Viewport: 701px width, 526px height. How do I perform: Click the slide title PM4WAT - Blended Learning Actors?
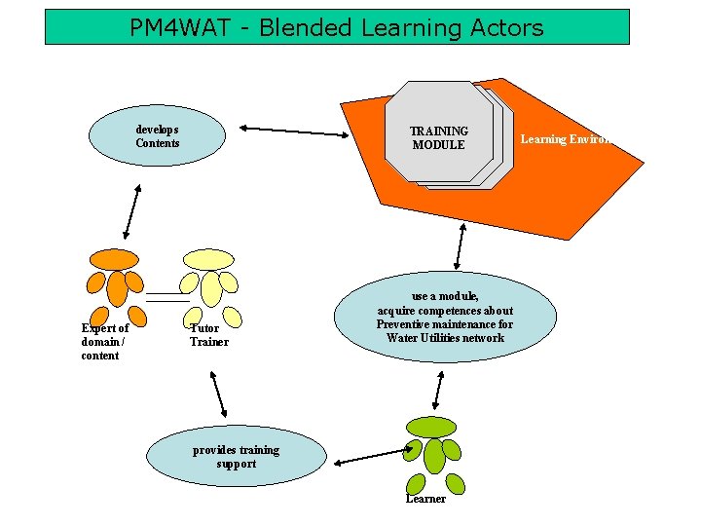pyautogui.click(x=337, y=27)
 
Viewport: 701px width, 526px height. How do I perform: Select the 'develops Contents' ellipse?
pyautogui.click(x=157, y=136)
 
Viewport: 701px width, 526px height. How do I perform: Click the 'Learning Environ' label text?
pyautogui.click(x=565, y=139)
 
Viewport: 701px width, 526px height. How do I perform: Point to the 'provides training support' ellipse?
pyautogui.click(x=236, y=457)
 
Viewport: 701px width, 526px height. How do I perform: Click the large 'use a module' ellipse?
pyautogui.click(x=445, y=317)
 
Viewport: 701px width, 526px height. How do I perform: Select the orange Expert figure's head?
pyautogui.click(x=114, y=259)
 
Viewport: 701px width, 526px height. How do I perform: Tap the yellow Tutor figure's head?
pyautogui.click(x=209, y=259)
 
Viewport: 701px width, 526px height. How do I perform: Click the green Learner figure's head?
pyautogui.click(x=430, y=426)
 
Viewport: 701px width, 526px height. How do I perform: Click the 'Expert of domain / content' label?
pyautogui.click(x=104, y=342)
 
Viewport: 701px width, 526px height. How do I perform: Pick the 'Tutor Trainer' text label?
pyautogui.click(x=208, y=335)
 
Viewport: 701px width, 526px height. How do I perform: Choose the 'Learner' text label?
pyautogui.click(x=425, y=499)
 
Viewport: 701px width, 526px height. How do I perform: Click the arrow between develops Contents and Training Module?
pyautogui.click(x=295, y=131)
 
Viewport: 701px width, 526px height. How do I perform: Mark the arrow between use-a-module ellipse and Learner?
pyautogui.click(x=437, y=389)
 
